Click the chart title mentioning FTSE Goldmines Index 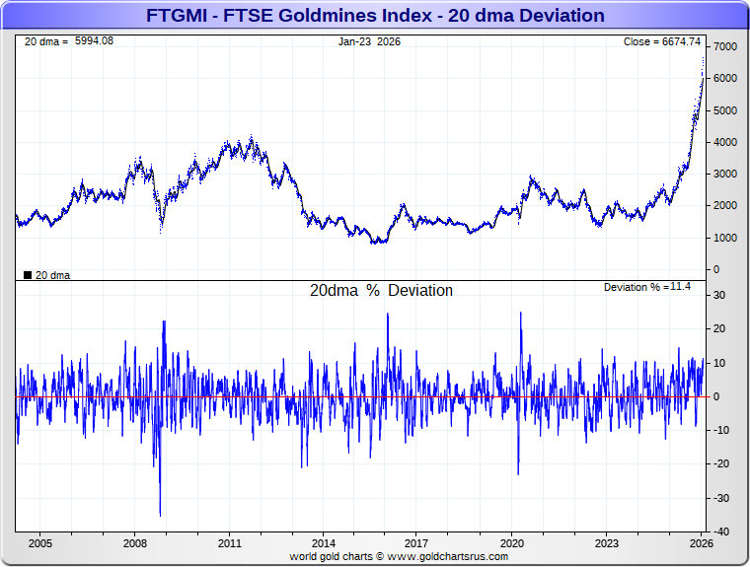pos(375,16)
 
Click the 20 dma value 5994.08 pos(94,41)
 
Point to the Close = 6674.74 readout pos(661,41)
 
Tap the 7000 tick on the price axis pos(724,47)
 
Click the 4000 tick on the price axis pos(724,142)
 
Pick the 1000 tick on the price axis pos(724,238)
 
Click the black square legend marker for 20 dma pos(27,275)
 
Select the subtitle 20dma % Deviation pos(381,291)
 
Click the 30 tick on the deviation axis pos(720,295)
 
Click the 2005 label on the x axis pos(40,543)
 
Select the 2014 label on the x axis pos(323,543)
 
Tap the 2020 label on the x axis pos(511,543)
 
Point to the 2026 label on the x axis pos(700,543)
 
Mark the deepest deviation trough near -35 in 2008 pos(160,515)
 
